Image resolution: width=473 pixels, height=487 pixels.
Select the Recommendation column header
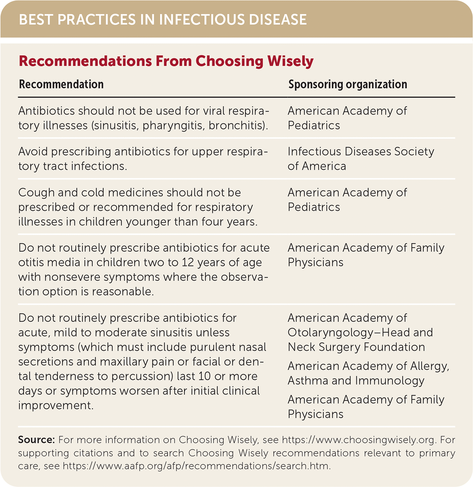tap(61, 84)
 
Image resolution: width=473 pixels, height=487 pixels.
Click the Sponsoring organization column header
tap(348, 84)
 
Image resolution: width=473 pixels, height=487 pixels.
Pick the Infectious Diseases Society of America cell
tap(361, 159)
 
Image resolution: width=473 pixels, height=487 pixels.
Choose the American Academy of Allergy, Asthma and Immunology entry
tap(368, 373)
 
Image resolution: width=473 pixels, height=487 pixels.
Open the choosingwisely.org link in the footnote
tap(358, 440)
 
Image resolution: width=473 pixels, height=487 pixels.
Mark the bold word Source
tap(36, 440)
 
